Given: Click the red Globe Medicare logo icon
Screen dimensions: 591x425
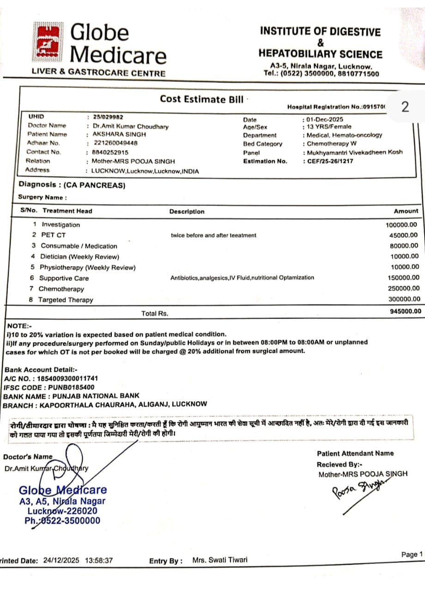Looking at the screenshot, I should (48, 43).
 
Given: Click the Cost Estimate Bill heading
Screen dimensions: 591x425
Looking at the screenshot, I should (201, 99).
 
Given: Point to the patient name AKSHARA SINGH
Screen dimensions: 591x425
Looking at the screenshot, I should (113, 134).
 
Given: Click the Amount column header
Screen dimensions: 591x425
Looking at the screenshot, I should (406, 211).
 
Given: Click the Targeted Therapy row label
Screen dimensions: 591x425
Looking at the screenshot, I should (65, 300).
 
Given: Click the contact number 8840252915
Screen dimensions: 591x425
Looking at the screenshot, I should (110, 152).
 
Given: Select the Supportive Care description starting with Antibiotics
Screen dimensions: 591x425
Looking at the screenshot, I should (242, 278).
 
